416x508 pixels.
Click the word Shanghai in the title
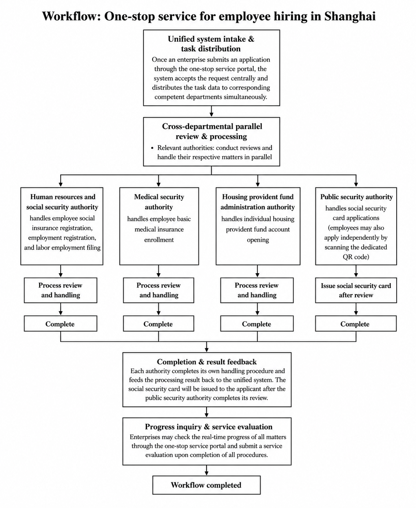(350, 16)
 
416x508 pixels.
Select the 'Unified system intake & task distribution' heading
(211, 44)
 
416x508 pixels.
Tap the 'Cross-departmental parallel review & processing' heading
(212, 131)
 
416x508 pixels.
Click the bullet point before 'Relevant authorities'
(152, 148)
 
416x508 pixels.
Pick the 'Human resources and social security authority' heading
(62, 202)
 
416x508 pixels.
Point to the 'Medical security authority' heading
(159, 202)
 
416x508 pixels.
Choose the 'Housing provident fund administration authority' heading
(258, 202)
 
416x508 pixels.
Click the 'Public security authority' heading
(357, 197)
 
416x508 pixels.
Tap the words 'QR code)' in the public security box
(356, 257)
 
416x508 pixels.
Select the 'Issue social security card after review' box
(356, 290)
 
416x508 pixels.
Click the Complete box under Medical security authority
(158, 323)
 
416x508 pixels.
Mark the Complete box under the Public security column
(356, 323)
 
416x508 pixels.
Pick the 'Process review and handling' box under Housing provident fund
(257, 290)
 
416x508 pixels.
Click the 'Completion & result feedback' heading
(207, 362)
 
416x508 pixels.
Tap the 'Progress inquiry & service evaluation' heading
(209, 427)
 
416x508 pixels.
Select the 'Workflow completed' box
(207, 485)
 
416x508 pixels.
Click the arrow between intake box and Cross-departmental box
(212, 111)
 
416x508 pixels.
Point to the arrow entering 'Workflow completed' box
(207, 470)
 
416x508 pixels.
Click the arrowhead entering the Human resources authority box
(61, 185)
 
